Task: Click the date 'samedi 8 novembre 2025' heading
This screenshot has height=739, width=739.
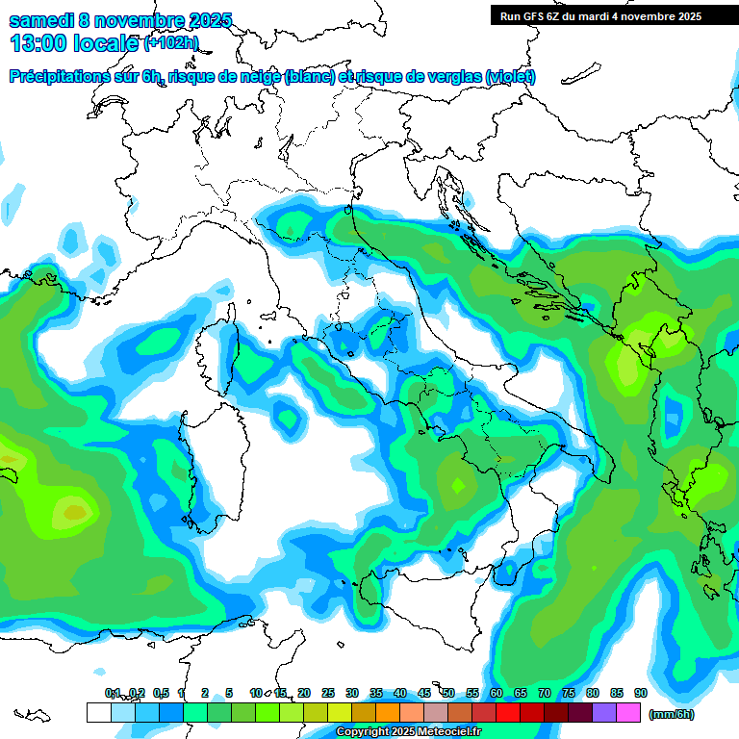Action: point(120,21)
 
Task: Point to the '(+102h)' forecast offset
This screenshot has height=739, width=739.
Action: point(171,43)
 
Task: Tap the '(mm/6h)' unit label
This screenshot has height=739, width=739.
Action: point(672,714)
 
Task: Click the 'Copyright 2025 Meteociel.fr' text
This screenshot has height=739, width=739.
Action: point(410,732)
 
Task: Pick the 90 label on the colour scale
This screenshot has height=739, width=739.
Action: point(641,693)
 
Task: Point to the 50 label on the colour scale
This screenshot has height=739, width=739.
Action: point(448,693)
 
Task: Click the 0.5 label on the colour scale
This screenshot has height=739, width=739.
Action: point(161,693)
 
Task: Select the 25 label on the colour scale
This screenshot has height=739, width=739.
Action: point(328,693)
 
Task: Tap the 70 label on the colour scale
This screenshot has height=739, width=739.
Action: point(545,693)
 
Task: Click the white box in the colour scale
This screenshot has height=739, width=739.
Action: point(98,712)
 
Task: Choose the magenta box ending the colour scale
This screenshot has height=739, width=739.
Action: point(628,712)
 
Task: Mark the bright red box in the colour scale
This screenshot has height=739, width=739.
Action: point(508,712)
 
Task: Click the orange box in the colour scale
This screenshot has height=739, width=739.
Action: point(388,712)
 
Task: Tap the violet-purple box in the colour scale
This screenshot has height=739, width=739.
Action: point(604,712)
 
